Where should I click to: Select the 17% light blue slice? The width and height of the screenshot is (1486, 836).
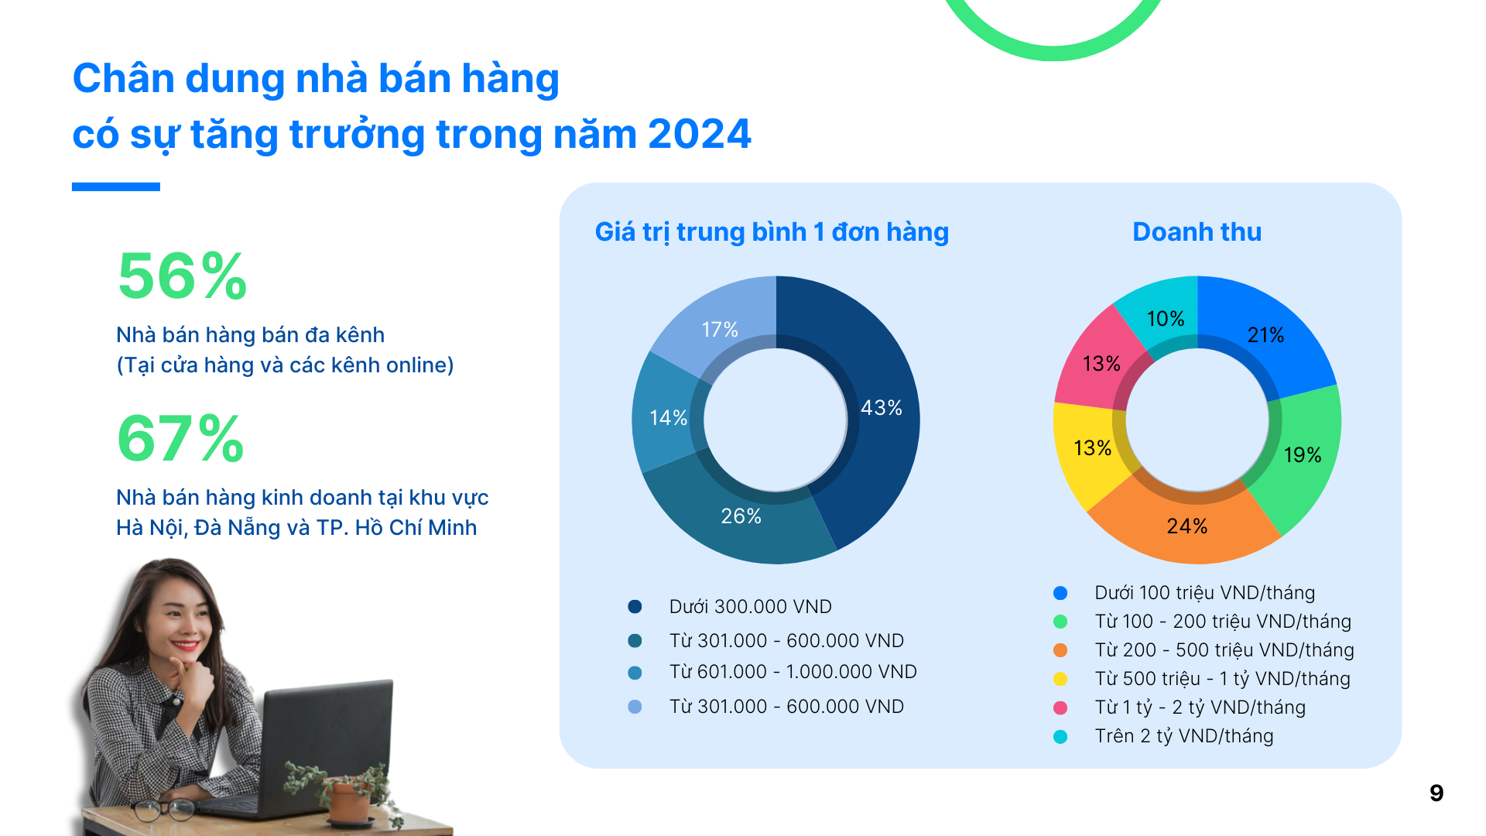point(720,330)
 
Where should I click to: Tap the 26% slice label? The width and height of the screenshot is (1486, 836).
point(741,516)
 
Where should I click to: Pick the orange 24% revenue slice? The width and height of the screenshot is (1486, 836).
point(1186,526)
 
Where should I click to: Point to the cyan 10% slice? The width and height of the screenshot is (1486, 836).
point(1165,318)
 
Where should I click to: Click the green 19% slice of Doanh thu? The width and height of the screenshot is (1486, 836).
point(1302,455)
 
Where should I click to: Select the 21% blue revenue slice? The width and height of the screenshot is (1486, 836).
point(1265,335)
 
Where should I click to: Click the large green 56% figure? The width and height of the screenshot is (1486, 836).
point(183,276)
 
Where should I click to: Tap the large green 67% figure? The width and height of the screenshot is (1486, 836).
point(181,439)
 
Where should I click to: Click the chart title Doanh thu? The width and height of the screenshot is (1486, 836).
point(1197,232)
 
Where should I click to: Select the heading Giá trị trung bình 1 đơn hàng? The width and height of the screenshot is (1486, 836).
point(772,232)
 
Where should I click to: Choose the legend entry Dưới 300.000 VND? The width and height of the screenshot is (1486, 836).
point(750,607)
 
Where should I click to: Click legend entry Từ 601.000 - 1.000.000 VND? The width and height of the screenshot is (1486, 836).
point(793,672)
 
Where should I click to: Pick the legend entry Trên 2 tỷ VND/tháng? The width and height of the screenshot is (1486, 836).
point(1183,736)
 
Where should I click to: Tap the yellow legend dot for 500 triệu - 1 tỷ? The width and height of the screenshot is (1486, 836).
point(1060,679)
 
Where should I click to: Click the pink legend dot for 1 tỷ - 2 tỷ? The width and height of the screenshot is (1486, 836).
point(1060,708)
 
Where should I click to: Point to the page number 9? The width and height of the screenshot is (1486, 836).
point(1436,793)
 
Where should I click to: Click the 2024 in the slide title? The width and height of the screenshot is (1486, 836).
point(699,135)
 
